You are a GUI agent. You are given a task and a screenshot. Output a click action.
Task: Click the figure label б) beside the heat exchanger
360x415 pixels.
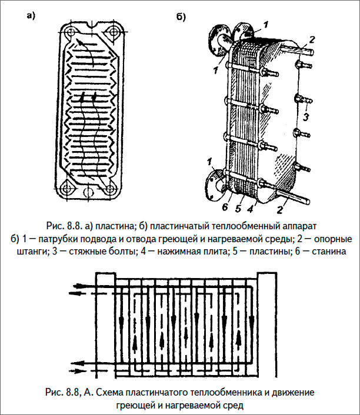[x=181, y=17]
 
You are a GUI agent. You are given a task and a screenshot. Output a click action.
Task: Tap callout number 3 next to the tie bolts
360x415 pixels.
[x=306, y=117]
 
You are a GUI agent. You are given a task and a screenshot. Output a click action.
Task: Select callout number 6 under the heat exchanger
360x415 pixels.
[x=224, y=207]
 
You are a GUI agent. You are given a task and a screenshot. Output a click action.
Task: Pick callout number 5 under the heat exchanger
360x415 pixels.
[x=238, y=207]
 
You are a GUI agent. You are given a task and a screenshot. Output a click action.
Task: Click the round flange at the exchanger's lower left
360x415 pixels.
[x=214, y=183]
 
